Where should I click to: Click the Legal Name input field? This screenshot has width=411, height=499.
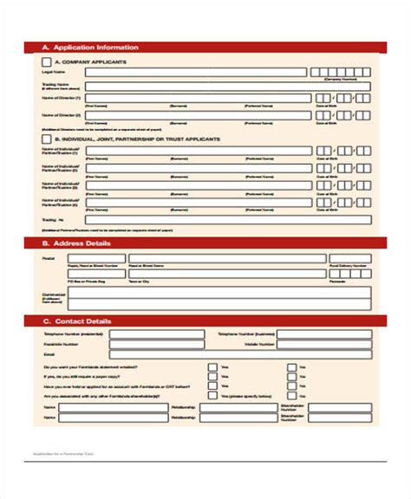tap(195, 74)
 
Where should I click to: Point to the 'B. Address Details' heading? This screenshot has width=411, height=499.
tap(78, 244)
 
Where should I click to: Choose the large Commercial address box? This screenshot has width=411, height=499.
tap(221, 299)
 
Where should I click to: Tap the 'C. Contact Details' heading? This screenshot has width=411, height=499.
tap(77, 321)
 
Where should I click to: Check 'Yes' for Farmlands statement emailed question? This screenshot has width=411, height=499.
tap(212, 367)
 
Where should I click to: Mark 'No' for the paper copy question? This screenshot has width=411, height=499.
tap(291, 378)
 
